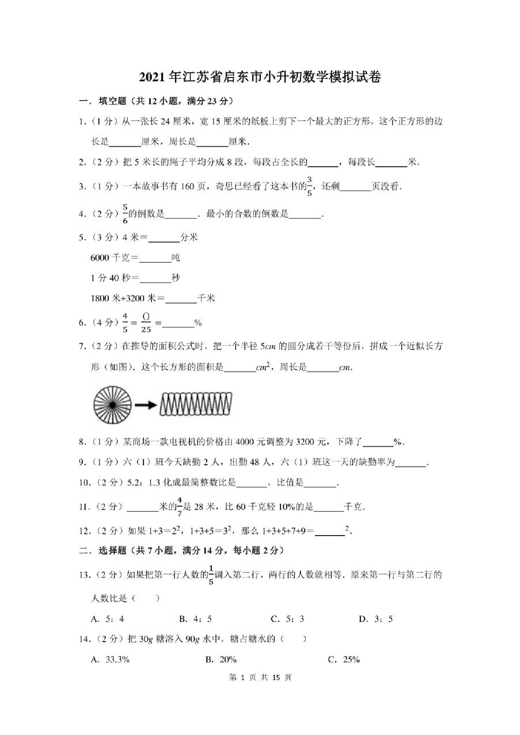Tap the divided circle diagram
coord(112,405)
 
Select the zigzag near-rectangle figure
coord(195,404)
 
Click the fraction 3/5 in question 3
coord(309,186)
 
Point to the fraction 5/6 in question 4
coord(125,214)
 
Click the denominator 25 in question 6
coord(146,330)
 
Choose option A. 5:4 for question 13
coord(108,619)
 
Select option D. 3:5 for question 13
coord(376,619)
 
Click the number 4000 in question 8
coord(245,442)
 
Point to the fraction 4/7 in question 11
coord(179,507)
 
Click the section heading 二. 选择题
coord(103,551)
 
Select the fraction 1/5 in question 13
coord(211,575)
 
